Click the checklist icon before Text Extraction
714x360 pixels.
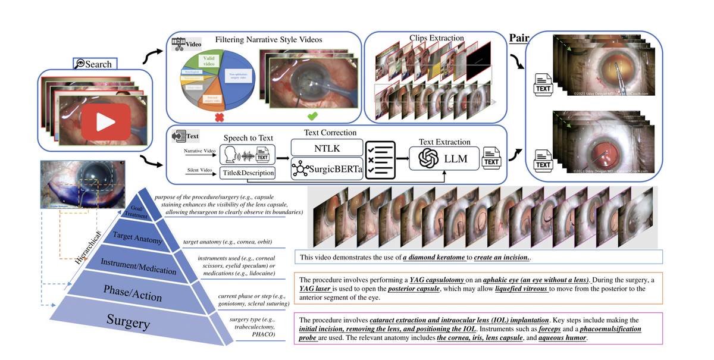pos(380,158)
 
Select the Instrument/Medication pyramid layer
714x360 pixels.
pos(139,265)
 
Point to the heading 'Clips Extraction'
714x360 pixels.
pos(436,38)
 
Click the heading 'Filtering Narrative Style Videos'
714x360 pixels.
pos(268,39)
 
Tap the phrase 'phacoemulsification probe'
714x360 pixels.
pos(594,328)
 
